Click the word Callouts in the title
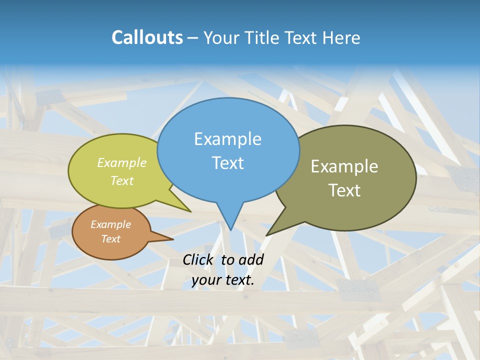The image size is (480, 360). [x=147, y=37]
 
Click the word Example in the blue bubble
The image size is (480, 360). [x=227, y=139]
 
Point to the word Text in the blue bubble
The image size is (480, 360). [x=227, y=163]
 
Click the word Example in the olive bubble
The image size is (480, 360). [x=344, y=166]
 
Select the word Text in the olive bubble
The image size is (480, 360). [x=344, y=190]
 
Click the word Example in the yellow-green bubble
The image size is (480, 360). [x=122, y=162]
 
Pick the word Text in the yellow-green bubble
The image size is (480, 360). [x=122, y=180]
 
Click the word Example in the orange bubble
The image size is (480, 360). [x=110, y=224]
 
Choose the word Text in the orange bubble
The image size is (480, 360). [x=110, y=239]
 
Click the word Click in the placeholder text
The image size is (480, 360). [x=199, y=259]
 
